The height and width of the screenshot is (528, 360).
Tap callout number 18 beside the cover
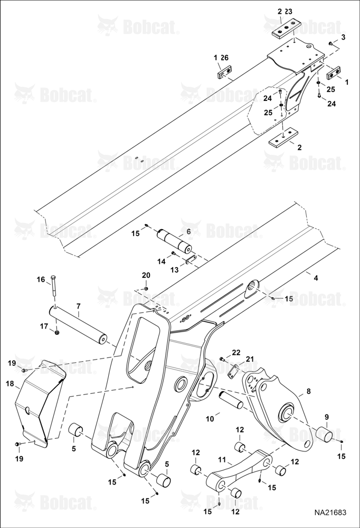11,383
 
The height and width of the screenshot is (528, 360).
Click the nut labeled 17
57,333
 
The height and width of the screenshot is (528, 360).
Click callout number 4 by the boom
316,278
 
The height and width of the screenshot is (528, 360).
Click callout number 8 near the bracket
308,392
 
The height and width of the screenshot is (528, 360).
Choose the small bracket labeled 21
232,371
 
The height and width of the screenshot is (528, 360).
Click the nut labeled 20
146,289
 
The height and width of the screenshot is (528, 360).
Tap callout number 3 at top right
343,37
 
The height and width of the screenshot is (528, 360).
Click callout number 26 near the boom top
225,58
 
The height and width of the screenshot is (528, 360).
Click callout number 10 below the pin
210,419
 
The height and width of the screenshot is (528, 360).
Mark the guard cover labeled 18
41,404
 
